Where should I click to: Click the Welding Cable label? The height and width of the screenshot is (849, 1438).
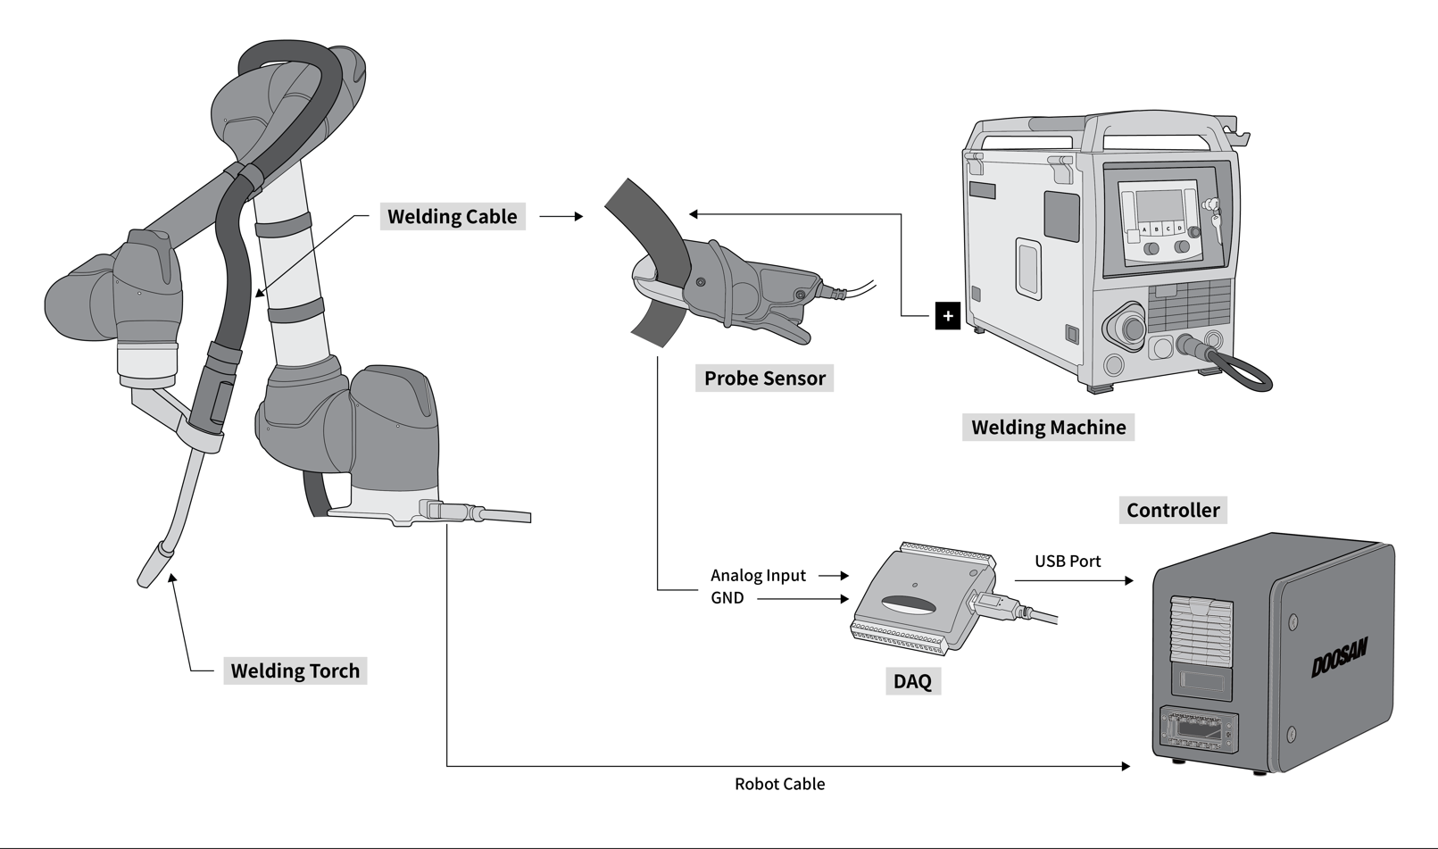(x=452, y=216)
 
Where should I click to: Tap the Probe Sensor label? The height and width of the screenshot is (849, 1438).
(x=764, y=378)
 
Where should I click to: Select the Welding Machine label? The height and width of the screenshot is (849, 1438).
(x=1048, y=427)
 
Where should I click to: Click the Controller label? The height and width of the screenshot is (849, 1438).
(x=1172, y=510)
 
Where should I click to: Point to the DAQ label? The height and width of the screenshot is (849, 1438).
(x=911, y=681)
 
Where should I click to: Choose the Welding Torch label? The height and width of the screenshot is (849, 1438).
(x=295, y=670)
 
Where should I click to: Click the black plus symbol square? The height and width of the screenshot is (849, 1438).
(x=947, y=316)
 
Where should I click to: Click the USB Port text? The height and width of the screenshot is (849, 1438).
(x=1068, y=562)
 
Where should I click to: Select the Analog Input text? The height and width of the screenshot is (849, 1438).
(x=758, y=576)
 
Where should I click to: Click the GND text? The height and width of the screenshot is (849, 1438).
(x=727, y=598)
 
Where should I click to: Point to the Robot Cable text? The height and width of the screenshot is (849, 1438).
(x=779, y=784)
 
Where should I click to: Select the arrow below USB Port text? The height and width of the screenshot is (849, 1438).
(x=1074, y=580)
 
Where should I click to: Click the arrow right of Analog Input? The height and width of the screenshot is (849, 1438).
(x=833, y=576)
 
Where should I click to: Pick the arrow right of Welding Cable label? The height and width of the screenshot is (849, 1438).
(x=561, y=216)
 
